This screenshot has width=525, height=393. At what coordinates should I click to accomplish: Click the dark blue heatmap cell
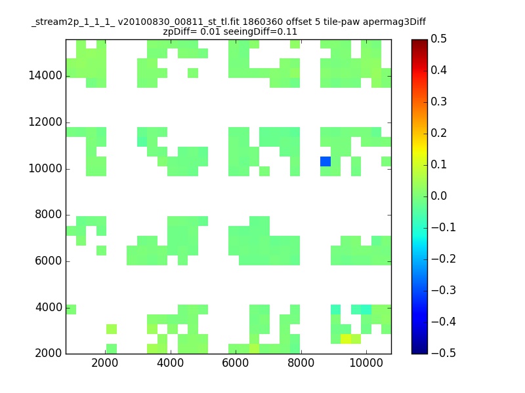[x=325, y=161]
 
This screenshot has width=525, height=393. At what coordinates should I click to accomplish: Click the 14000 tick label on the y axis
[x=45, y=75]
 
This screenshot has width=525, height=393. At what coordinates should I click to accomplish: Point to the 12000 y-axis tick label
[x=45, y=122]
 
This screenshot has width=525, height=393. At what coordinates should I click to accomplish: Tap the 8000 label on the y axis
[x=49, y=214]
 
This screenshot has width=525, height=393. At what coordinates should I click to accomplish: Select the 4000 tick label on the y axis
[x=49, y=307]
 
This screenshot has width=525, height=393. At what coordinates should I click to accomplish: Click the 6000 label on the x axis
[x=236, y=363]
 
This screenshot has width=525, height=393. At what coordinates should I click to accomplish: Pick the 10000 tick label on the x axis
[x=366, y=363]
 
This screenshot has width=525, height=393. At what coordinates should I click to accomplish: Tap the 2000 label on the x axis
[x=105, y=363]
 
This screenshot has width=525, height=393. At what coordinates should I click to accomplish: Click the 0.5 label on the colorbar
[x=438, y=39]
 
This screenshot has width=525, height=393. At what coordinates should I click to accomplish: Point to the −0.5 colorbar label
[x=444, y=353]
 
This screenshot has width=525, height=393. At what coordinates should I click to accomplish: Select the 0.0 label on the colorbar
[x=438, y=196]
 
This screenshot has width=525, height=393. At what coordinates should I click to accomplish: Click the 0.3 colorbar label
[x=438, y=102]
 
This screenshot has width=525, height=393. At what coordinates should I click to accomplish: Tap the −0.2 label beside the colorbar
[x=444, y=259]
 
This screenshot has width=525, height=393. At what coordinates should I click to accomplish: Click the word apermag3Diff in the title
[x=394, y=22]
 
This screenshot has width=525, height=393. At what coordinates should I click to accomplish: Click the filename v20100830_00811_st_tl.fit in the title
[x=178, y=22]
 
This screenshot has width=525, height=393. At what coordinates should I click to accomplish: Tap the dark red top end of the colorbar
[x=419, y=41]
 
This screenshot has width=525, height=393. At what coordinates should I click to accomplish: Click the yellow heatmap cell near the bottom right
[x=346, y=339]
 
